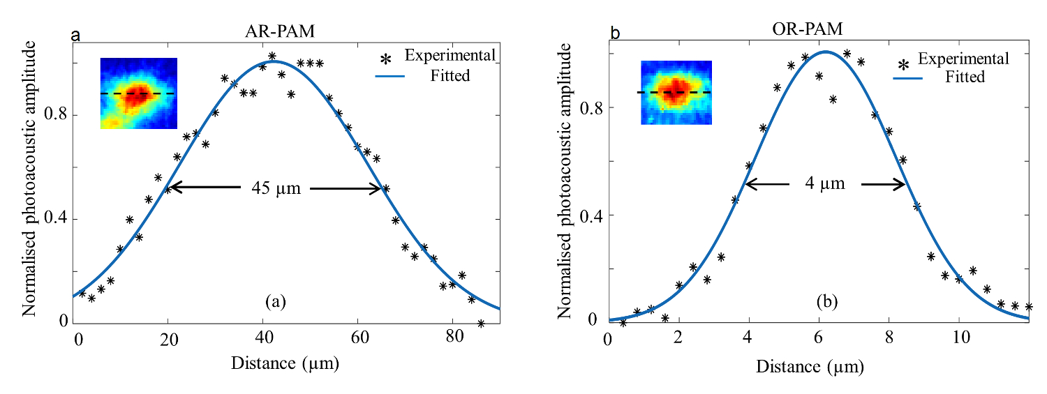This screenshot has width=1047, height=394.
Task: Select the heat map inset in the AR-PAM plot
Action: [x=138, y=93]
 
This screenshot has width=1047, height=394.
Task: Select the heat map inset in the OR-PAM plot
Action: [x=676, y=92]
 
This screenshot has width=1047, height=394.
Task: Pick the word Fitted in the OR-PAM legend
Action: [x=965, y=76]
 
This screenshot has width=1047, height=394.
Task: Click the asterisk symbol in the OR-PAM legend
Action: [x=903, y=66]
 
